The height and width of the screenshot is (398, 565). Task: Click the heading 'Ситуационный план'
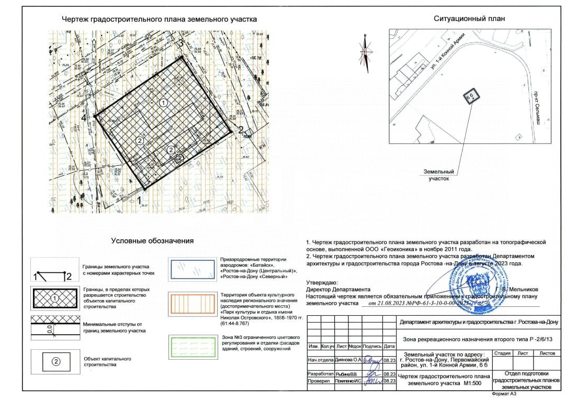(x=469, y=19)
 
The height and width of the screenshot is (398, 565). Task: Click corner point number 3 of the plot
(x=182, y=44)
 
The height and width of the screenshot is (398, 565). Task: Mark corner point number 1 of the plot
(x=140, y=199)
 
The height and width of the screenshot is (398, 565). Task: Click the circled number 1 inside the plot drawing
(x=164, y=103)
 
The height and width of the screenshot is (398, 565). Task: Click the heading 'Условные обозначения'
(x=152, y=241)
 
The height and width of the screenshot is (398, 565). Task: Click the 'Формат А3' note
(x=504, y=393)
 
